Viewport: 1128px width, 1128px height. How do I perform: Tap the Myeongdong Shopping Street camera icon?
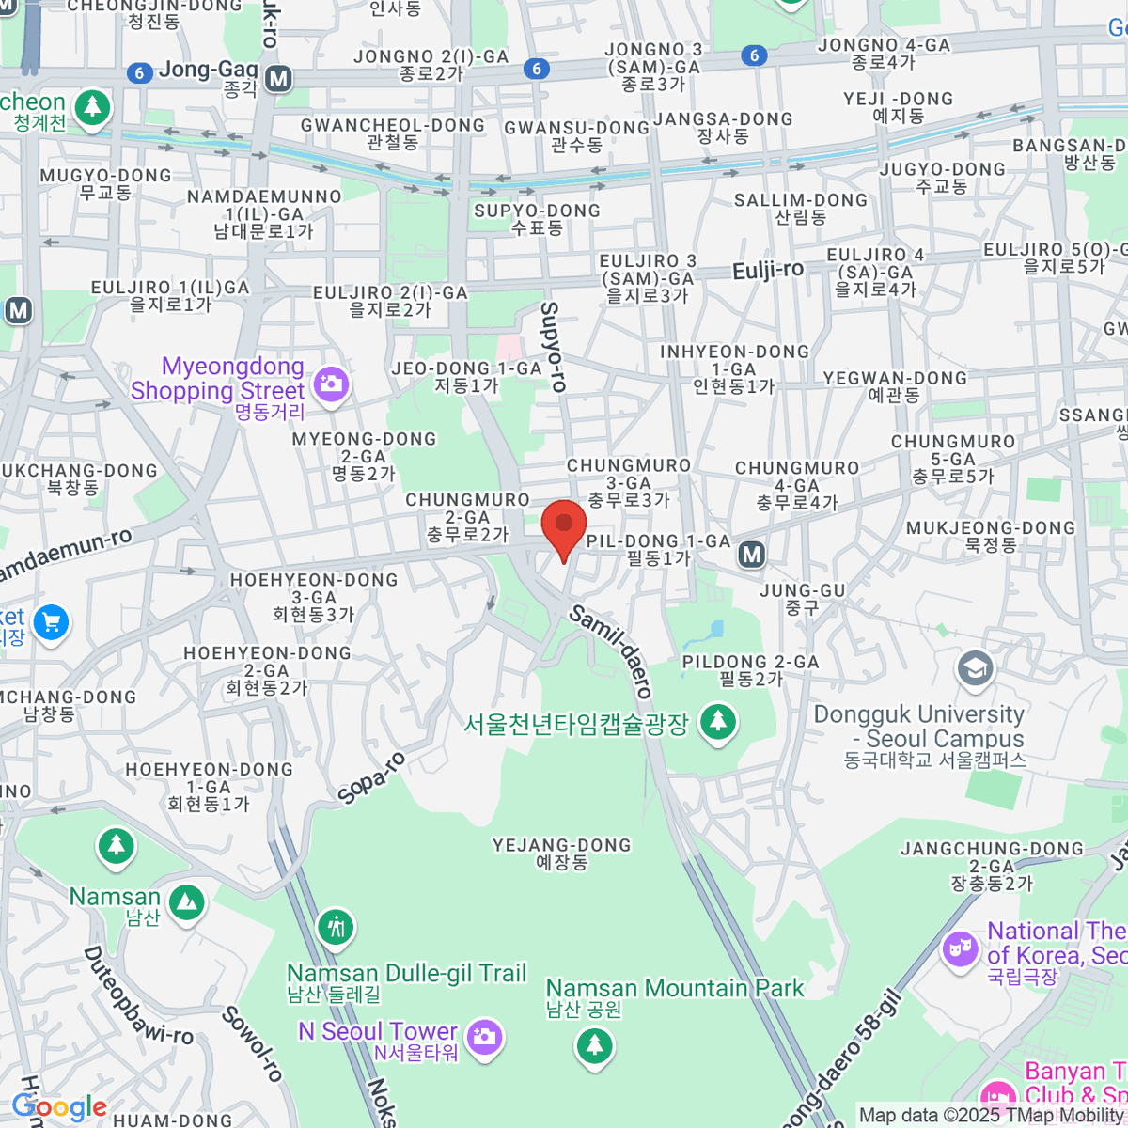[331, 383]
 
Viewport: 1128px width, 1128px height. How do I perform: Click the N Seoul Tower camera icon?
[484, 1037]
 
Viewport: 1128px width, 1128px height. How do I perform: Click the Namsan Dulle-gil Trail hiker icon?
[336, 928]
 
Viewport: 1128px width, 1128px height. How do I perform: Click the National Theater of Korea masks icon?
[960, 948]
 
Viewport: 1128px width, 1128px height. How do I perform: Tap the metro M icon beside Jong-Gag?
[278, 79]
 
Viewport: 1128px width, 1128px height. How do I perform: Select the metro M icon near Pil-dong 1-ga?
[751, 555]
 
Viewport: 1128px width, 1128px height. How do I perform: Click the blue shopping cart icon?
[51, 622]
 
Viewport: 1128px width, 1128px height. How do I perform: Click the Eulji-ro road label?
[768, 271]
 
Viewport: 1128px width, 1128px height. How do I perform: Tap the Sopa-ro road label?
[371, 777]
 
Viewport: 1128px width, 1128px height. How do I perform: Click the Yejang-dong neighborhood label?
[562, 853]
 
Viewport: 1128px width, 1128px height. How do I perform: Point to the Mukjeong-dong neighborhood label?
[991, 536]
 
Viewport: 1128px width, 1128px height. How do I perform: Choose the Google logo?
[59, 1107]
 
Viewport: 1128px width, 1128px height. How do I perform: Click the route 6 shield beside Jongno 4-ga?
[754, 55]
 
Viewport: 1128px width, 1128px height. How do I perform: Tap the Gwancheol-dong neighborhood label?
[393, 133]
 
